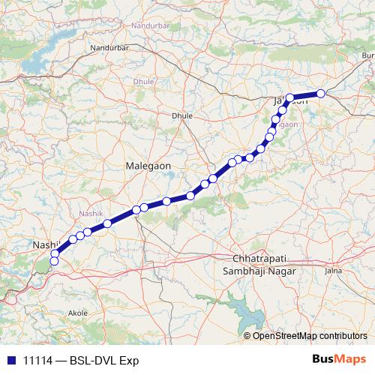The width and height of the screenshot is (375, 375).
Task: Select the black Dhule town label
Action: (182, 116)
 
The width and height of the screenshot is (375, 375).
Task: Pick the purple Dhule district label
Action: (142, 80)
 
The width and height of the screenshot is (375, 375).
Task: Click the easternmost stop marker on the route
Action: (320, 93)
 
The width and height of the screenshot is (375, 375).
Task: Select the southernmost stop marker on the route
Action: (54, 261)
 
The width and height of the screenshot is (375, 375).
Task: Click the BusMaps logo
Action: (338, 360)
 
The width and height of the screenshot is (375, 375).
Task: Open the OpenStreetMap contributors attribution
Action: (309, 335)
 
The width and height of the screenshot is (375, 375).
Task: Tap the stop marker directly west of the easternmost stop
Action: (290, 97)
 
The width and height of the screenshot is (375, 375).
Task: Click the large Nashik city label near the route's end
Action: (45, 245)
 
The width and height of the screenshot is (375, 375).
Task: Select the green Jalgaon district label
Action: (287, 125)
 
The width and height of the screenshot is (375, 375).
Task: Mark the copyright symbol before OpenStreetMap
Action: (247, 335)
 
